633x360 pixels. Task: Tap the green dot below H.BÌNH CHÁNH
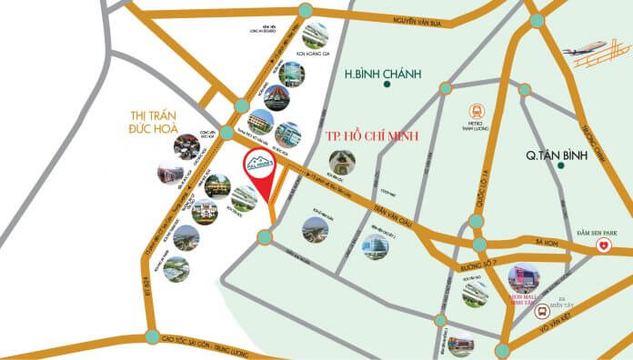click(x=387, y=85)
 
